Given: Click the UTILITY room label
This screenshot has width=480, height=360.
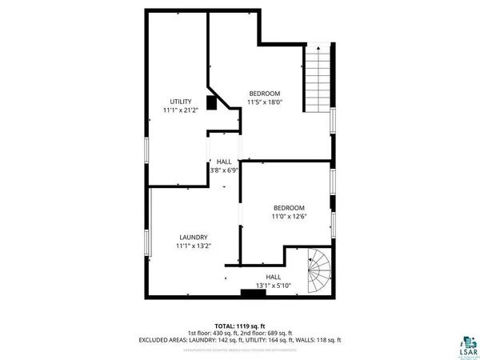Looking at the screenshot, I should (180, 101).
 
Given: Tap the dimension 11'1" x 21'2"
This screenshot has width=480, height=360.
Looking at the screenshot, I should (180, 110).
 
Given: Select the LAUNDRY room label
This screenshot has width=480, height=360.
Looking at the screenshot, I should (194, 237).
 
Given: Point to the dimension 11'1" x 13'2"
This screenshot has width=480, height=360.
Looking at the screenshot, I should (194, 246).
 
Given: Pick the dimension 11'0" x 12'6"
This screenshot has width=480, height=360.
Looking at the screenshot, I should (289, 216).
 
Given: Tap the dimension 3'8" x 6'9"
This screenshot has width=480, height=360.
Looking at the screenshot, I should (224, 170).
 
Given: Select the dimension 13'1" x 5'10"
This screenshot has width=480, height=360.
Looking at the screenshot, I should (273, 286).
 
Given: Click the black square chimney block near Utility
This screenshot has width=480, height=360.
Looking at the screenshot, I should (212, 102).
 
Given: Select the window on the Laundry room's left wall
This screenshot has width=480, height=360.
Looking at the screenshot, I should (146, 243).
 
